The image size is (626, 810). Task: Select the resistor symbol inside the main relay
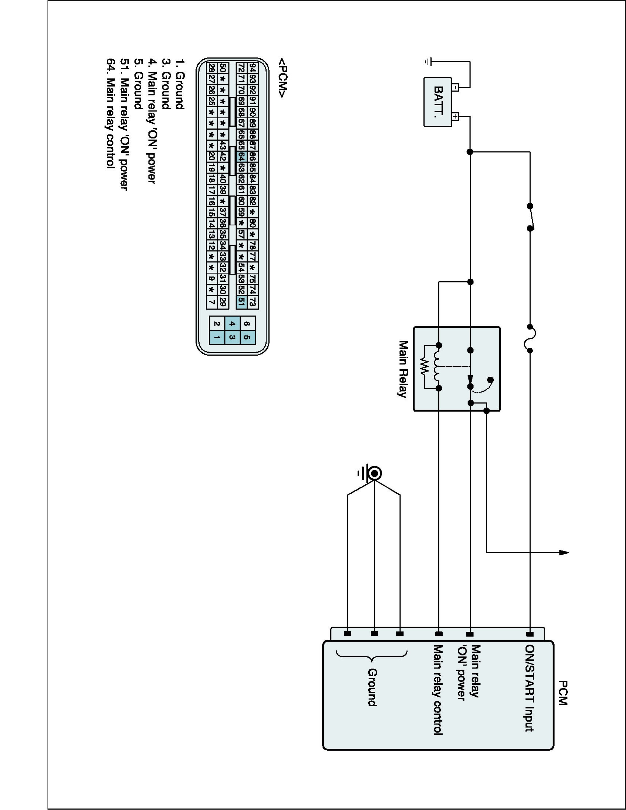tap(425, 366)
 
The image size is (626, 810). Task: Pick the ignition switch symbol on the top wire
tap(531, 217)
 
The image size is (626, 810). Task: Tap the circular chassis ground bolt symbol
tap(375, 473)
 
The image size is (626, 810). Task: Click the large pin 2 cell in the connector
tap(217, 324)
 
